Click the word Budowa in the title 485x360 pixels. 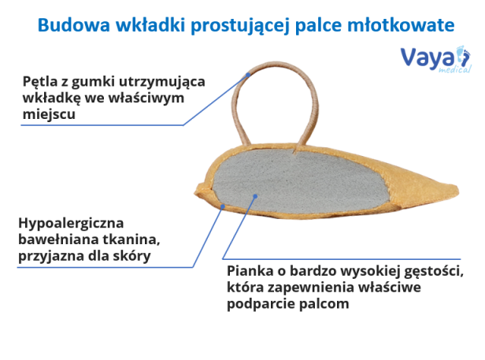(74, 24)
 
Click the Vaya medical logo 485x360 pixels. (436, 59)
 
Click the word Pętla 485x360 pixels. (40, 83)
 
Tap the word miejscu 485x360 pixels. (49, 114)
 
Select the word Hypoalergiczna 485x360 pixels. (71, 223)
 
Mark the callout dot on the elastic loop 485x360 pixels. (248, 75)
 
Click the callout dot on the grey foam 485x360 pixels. (255, 196)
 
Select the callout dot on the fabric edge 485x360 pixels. (222, 206)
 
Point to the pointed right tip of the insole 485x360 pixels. (458, 190)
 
